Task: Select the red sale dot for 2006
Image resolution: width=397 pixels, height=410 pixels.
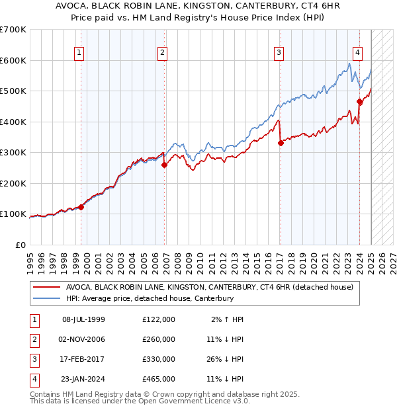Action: [x=165, y=165]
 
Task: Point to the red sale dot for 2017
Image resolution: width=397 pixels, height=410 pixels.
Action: [x=281, y=143]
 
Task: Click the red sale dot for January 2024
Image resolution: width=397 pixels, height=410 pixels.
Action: [x=359, y=102]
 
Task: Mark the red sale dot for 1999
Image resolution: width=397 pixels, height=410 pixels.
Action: [x=81, y=207]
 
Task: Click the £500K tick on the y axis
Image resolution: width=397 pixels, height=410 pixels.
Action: [x=15, y=91]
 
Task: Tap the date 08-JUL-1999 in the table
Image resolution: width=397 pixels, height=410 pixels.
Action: [x=83, y=319]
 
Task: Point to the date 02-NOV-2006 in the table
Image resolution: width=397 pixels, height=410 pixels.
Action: [x=83, y=339]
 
